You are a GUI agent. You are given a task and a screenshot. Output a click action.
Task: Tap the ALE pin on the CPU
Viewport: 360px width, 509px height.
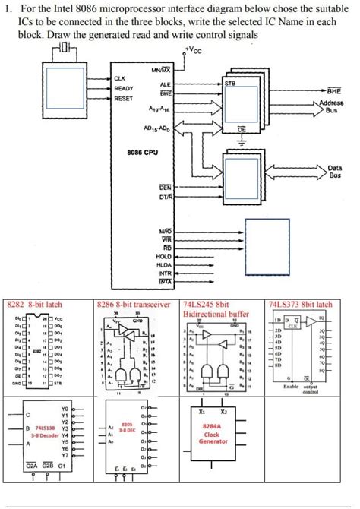point(165,84)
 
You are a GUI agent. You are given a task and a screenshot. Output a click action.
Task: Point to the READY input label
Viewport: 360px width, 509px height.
point(123,88)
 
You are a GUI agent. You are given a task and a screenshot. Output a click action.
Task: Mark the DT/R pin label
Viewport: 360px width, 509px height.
point(165,197)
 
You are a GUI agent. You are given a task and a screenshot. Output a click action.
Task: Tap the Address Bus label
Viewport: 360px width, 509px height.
point(331,106)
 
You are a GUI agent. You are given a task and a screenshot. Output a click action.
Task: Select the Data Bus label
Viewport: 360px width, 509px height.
point(334,171)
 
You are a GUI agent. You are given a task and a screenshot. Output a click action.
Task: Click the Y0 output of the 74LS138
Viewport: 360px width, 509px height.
point(65,408)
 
